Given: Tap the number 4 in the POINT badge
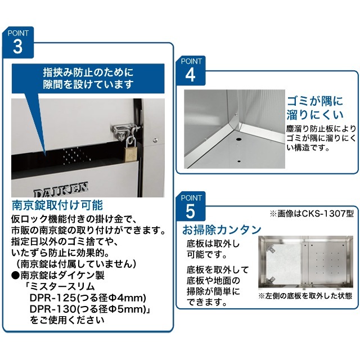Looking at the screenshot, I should [x=190, y=74].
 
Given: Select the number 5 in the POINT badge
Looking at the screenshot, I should [x=190, y=211].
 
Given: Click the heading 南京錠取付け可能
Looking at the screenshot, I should [x=57, y=204].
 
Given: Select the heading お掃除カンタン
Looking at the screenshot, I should [x=221, y=229].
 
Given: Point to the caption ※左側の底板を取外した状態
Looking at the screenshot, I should [x=305, y=295].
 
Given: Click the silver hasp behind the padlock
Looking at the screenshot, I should [x=124, y=131].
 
